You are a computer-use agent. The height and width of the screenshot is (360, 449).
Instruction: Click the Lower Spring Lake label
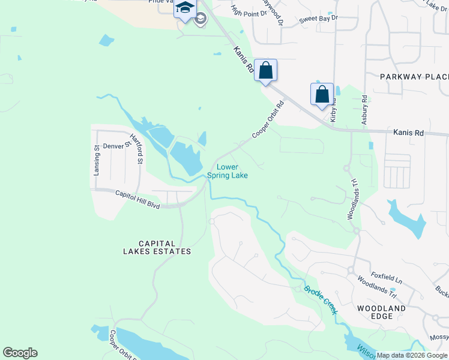click(x=228, y=171)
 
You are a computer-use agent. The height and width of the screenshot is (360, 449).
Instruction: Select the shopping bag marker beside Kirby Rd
click(x=322, y=95)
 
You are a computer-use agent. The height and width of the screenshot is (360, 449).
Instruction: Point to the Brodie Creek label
click(x=321, y=299)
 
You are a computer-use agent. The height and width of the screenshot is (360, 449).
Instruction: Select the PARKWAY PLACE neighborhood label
click(x=414, y=77)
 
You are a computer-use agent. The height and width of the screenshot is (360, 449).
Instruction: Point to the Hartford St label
click(x=139, y=149)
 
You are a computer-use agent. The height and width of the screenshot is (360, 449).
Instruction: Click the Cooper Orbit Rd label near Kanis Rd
click(x=267, y=119)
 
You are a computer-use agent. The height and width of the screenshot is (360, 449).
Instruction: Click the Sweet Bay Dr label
click(x=319, y=19)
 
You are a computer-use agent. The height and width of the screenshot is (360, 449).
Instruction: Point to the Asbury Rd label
click(x=364, y=112)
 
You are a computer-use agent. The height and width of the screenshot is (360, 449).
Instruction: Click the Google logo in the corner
click(x=20, y=353)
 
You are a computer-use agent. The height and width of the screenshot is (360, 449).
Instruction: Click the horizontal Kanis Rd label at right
click(x=408, y=132)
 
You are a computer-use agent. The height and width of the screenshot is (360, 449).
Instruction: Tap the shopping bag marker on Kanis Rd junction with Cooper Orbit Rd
click(x=265, y=71)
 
